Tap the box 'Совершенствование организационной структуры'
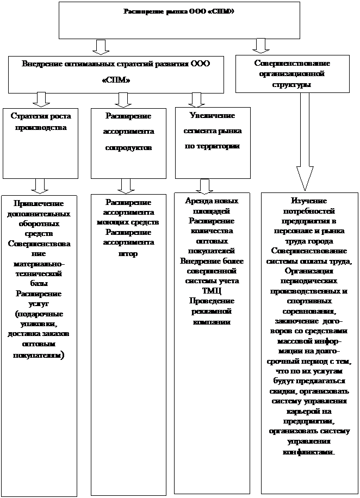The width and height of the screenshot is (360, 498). point(292,73)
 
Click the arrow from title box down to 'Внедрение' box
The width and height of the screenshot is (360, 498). point(100,46)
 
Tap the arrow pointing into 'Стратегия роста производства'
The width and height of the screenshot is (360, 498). point(40,99)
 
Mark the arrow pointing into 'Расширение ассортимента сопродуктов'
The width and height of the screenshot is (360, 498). point(123,99)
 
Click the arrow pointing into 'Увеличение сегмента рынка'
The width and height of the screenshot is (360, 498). point(196,99)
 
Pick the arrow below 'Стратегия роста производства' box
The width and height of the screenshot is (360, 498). point(40,185)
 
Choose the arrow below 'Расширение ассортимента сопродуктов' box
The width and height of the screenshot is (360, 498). point(126,185)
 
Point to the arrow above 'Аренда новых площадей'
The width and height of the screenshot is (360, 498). point(205,186)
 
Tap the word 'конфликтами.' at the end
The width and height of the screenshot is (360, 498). point(308,451)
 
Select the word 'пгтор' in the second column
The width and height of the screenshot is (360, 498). point(128,253)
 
